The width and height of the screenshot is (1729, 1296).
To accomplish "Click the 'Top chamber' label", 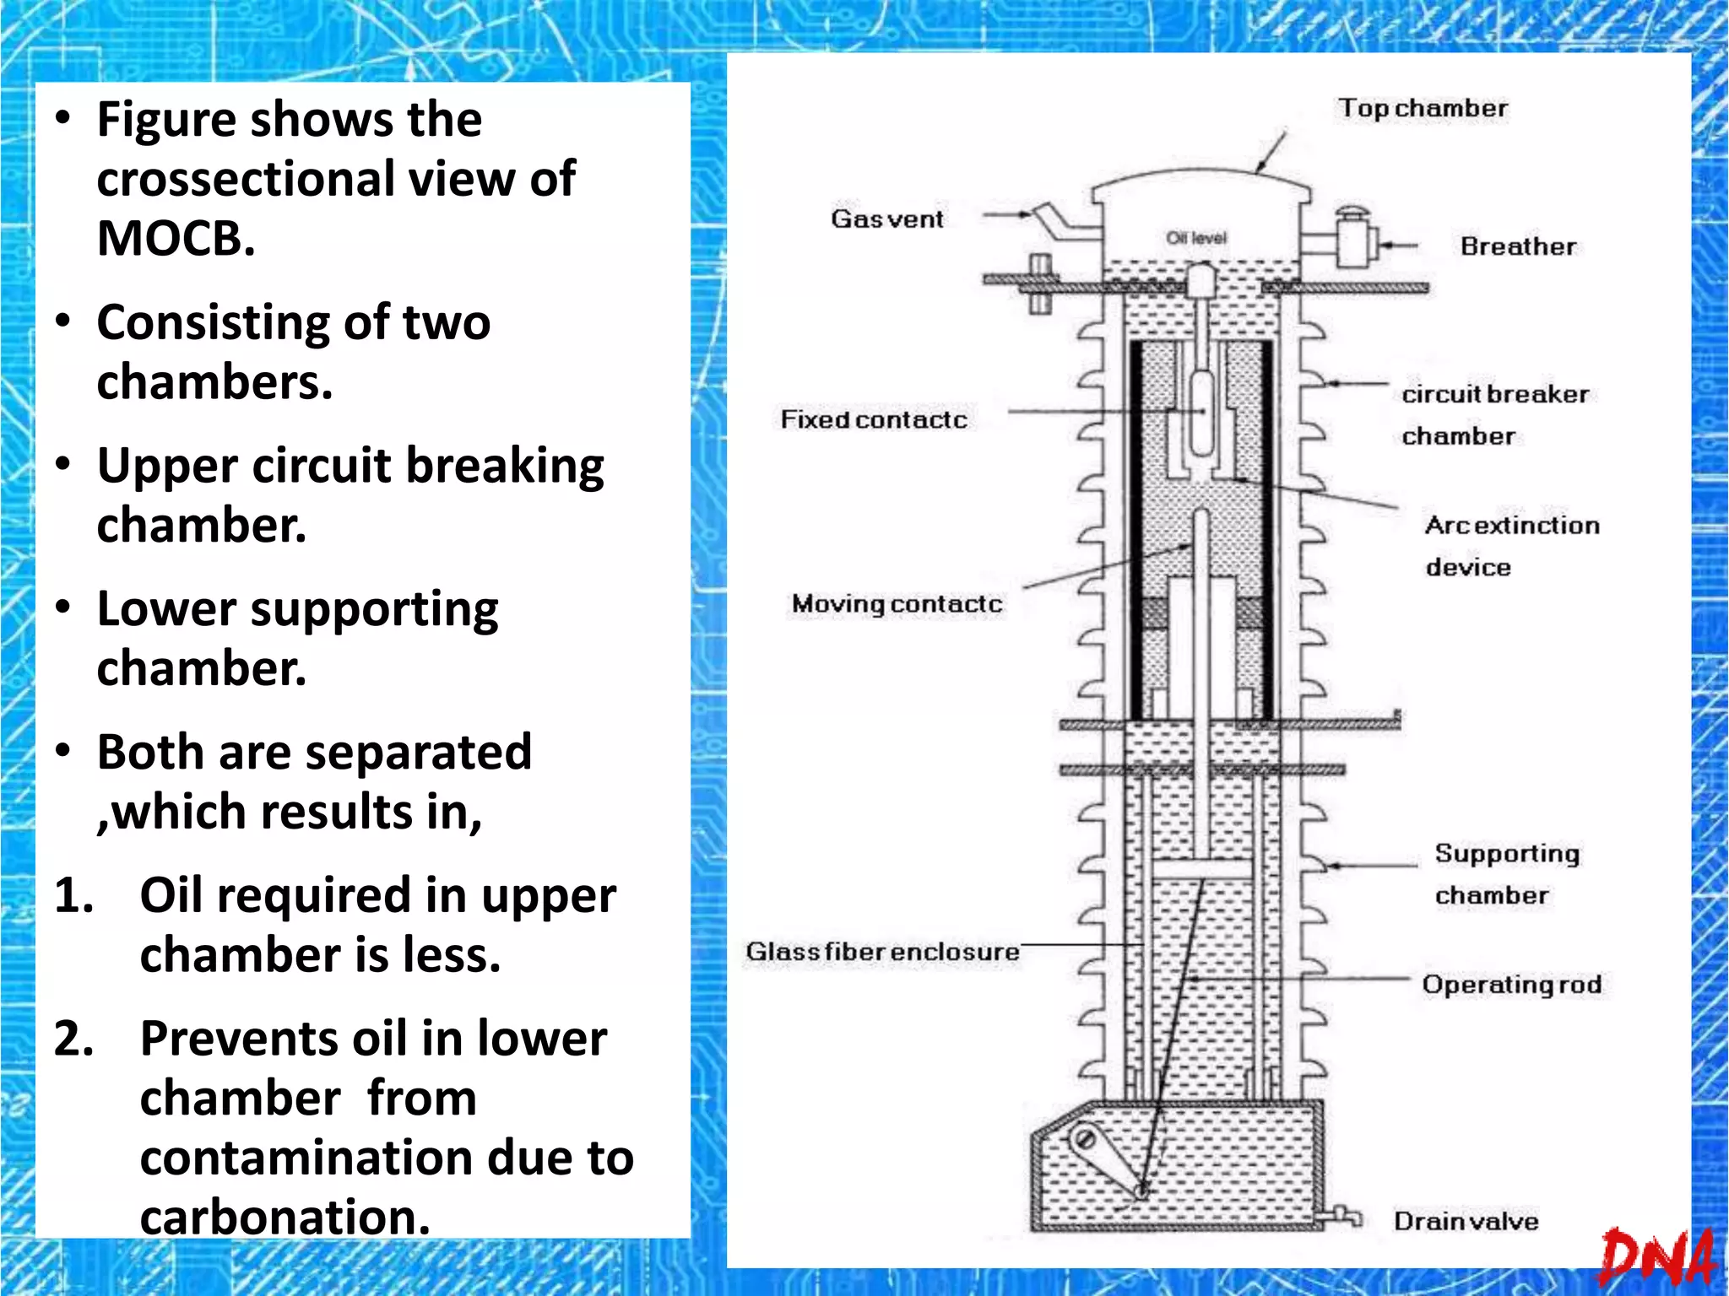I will coord(1423,109).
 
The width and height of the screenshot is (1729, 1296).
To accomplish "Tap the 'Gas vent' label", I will coord(886,219).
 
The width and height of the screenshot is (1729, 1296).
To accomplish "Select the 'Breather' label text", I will coord(1518,246).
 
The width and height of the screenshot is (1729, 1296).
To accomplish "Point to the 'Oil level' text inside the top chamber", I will coord(1195,238).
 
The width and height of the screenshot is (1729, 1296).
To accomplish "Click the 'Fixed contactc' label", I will coord(873,419).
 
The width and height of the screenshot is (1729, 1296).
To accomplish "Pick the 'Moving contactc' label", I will coord(897,604).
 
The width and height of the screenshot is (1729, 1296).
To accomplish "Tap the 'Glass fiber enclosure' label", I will coord(882,952).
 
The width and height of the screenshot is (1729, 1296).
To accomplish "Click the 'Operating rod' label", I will coord(1511,985).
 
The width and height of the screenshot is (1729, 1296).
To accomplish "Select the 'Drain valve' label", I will coord(1466,1221).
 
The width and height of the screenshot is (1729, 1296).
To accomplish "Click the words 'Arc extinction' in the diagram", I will coord(1512,525).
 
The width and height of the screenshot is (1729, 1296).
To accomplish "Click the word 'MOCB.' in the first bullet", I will coord(176,238).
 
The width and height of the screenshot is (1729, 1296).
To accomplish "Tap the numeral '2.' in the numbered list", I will coord(74,1038).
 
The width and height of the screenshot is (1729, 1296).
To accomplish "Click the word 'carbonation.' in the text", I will coord(285,1217).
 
